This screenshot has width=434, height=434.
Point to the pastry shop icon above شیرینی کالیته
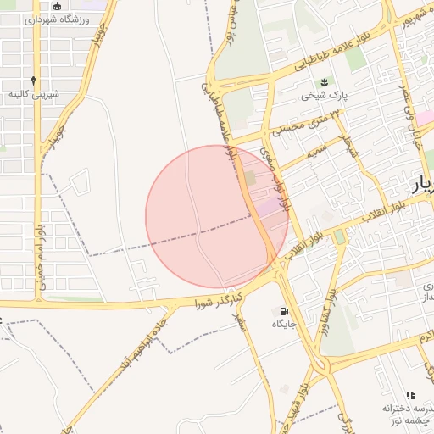tap(35, 79)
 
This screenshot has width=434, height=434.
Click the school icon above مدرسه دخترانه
tap(411, 394)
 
